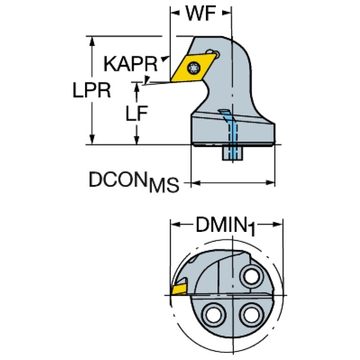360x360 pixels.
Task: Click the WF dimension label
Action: pyautogui.click(x=201, y=14)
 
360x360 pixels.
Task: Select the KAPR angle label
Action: pyautogui.click(x=130, y=64)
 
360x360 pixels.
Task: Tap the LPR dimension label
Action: pyautogui.click(x=92, y=90)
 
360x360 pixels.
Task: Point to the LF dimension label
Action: pyautogui.click(x=137, y=113)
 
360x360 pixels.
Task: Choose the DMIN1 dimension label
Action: pyautogui.click(x=225, y=226)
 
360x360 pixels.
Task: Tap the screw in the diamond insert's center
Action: pyautogui.click(x=193, y=68)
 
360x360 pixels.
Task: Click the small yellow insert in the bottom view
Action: pyautogui.click(x=179, y=289)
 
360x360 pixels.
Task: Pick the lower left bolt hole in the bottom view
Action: pyautogui.click(x=214, y=314)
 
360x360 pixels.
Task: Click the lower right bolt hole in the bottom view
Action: pyautogui.click(x=251, y=314)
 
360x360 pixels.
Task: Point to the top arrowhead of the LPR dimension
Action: pyautogui.click(x=92, y=41)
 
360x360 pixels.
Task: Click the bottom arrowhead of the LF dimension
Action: pyautogui.click(x=137, y=139)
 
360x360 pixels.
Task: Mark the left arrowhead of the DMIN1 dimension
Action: pyautogui.click(x=176, y=224)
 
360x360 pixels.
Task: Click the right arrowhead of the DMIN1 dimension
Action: pyautogui.click(x=278, y=224)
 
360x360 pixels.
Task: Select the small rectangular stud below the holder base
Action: pyautogui.click(x=233, y=153)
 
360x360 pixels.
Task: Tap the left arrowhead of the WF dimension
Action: pyautogui.click(x=175, y=13)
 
